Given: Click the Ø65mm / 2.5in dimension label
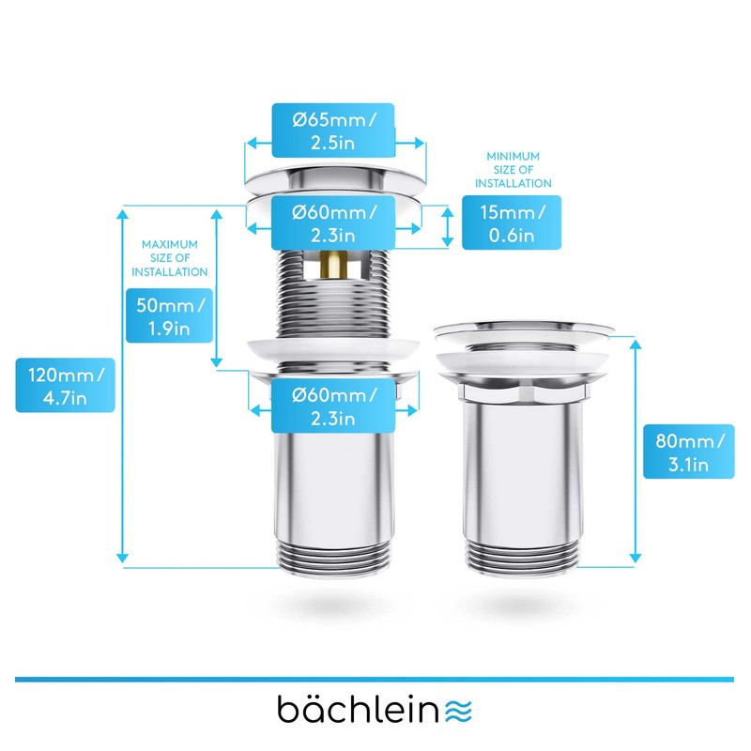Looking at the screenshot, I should [x=331, y=131].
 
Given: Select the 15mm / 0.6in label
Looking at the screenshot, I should [x=512, y=222].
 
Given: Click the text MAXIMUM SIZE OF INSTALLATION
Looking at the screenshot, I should [x=169, y=257].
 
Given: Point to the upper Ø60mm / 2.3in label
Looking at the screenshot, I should [x=331, y=222].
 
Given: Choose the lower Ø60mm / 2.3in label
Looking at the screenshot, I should [x=331, y=406].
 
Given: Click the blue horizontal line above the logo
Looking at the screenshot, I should [x=375, y=678].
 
